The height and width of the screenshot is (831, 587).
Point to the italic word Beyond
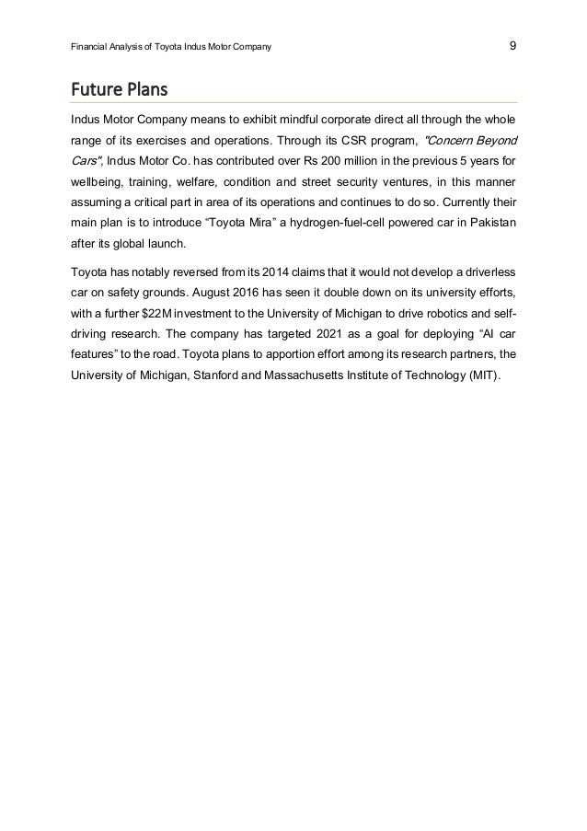click(x=492, y=140)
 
